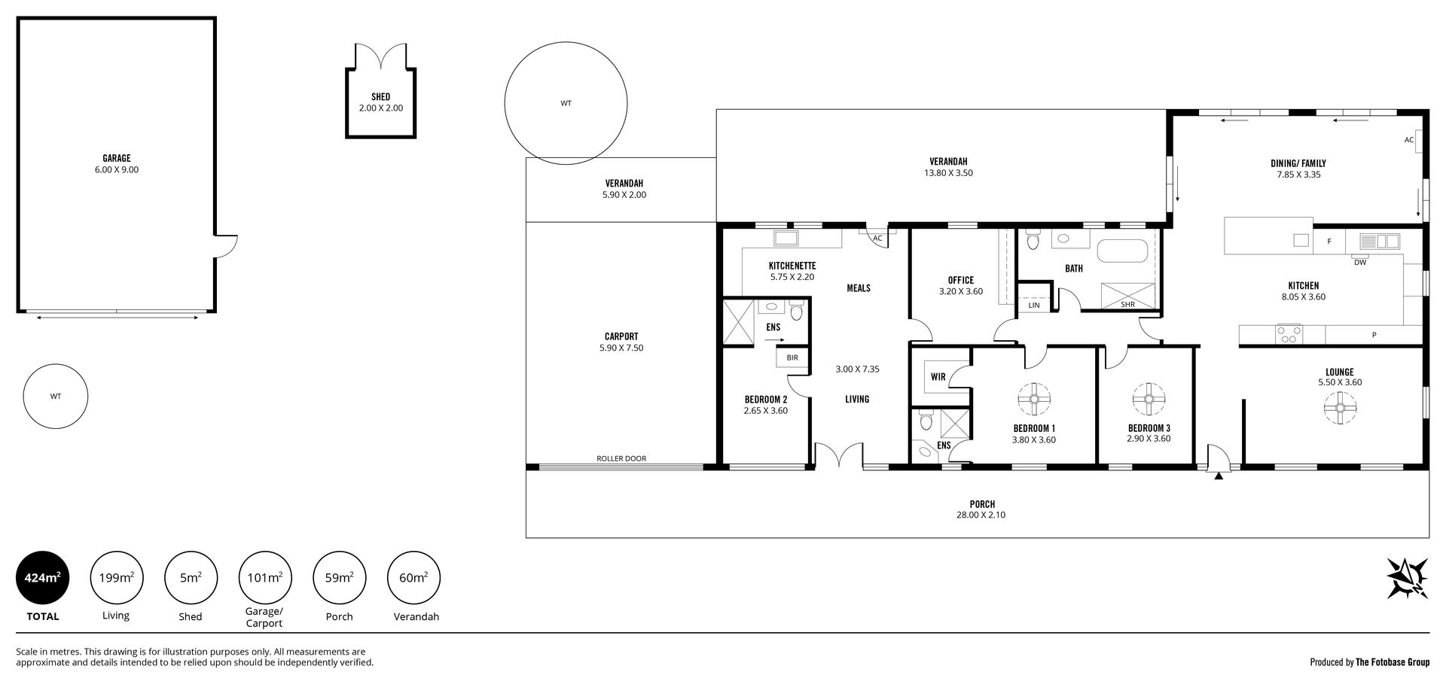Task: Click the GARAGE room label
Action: coord(117,159)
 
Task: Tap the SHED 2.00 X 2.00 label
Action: coord(380,102)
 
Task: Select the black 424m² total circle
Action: coord(42,579)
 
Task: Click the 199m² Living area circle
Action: coord(116,579)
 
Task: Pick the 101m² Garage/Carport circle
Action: coord(264,579)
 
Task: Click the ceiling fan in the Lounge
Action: coord(1340,409)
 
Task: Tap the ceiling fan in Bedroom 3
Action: coord(1149,400)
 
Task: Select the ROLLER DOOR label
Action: coord(621,458)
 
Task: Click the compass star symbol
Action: coord(1408,578)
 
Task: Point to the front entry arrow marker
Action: coord(1219,475)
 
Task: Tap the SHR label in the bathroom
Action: coord(1127,305)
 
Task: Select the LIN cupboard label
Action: coord(1034,306)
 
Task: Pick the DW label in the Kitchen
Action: coord(1360,263)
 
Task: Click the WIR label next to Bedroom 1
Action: coord(938,377)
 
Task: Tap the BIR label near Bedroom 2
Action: coord(792,358)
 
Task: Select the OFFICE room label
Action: coord(961,280)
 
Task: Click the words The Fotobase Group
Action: coord(1393,663)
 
